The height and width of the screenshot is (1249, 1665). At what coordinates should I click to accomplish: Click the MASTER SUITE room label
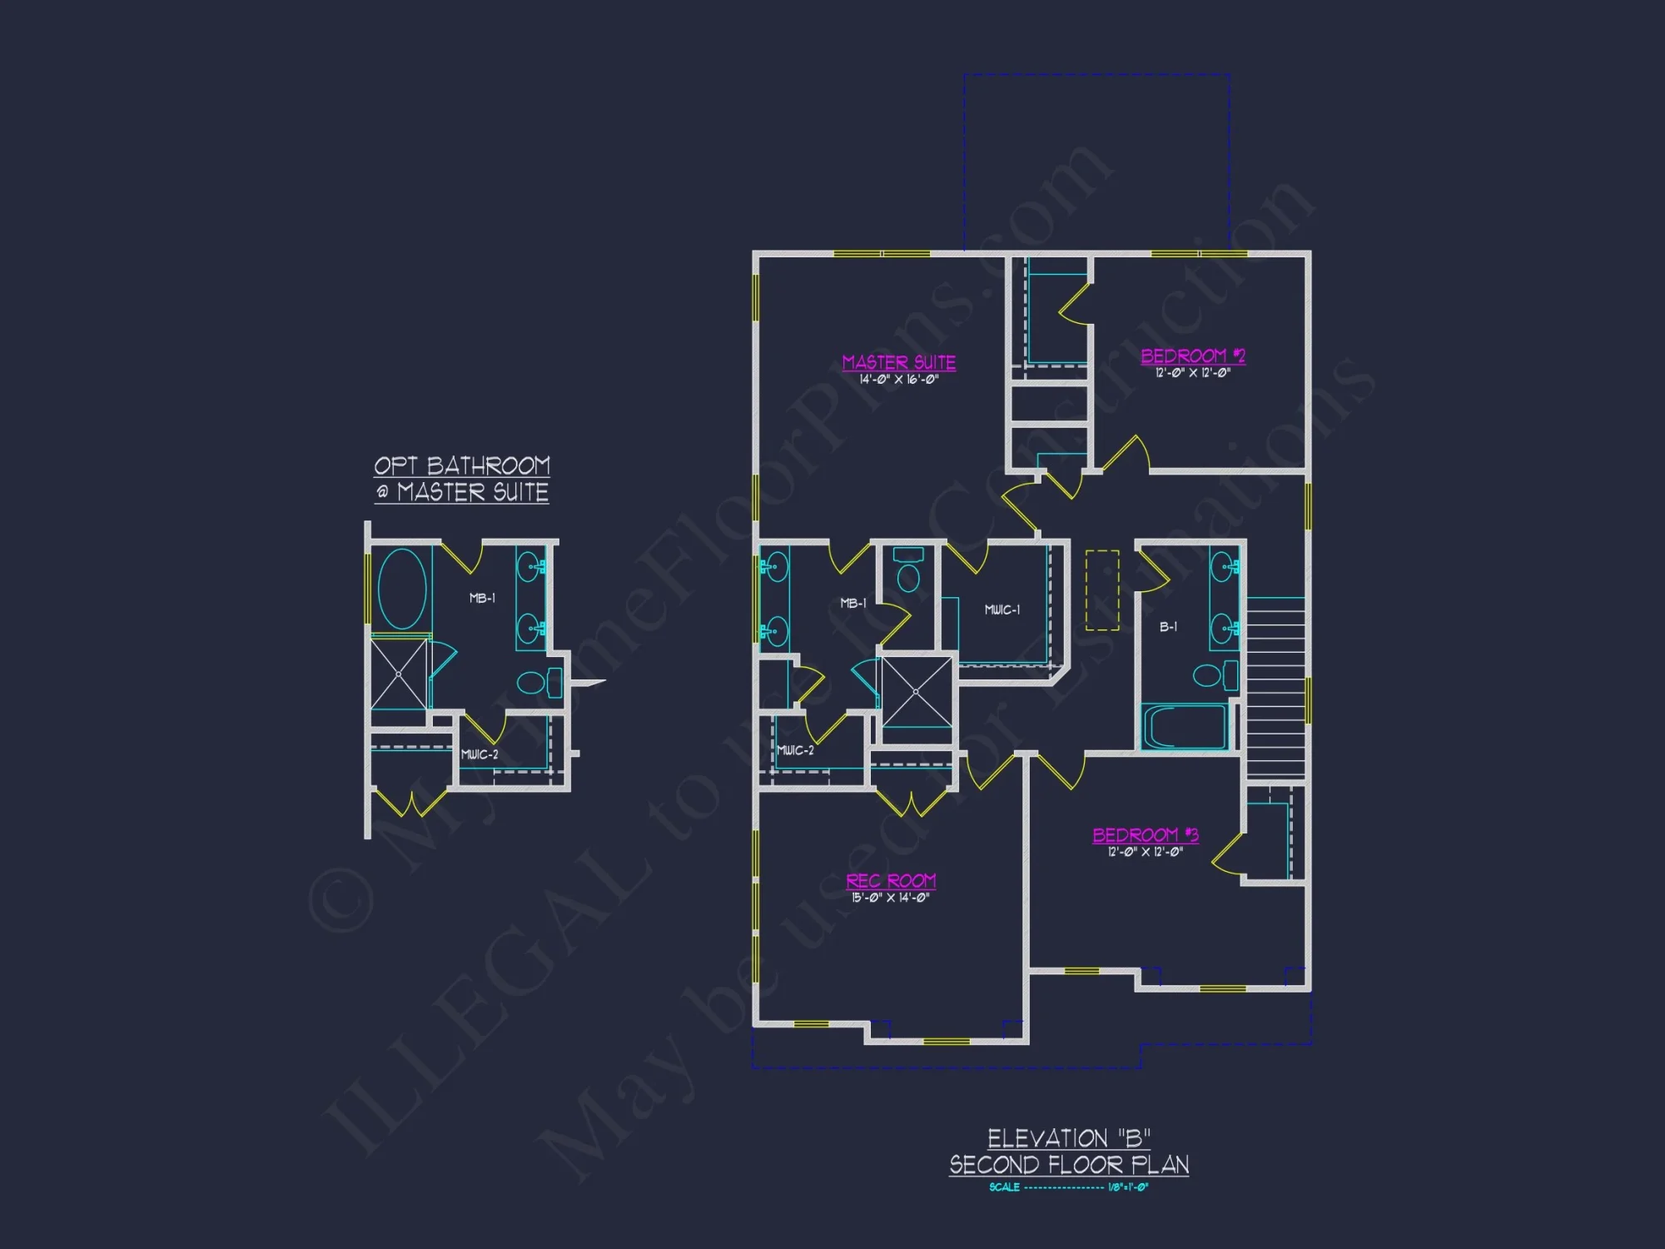coord(898,362)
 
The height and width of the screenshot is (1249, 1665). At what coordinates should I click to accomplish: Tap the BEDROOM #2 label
coord(1192,356)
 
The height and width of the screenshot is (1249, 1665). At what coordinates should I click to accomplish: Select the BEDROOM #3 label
coord(1145,834)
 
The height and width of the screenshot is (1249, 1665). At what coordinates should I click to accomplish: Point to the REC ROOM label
coord(891,880)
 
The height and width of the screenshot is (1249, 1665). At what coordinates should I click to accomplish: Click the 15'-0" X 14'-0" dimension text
coord(890,898)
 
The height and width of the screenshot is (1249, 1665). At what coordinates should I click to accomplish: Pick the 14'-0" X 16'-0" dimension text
coord(898,380)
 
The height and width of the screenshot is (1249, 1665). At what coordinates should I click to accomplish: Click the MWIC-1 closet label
coord(1001,610)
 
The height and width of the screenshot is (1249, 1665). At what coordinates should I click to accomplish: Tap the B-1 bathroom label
coord(1168,626)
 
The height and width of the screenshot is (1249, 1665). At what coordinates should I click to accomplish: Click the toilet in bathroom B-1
coord(1215,674)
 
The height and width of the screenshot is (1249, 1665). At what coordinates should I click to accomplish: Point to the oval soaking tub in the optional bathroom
coord(402,589)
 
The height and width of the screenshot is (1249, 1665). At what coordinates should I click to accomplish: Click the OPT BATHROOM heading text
coord(461,465)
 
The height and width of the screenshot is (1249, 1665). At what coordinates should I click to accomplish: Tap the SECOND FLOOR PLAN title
coord(1069,1164)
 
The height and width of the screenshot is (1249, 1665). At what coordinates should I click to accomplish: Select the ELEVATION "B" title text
coord(1069,1138)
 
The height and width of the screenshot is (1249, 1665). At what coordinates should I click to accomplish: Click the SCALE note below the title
coord(1068,1187)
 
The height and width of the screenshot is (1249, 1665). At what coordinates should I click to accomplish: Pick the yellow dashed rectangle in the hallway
coord(1101,590)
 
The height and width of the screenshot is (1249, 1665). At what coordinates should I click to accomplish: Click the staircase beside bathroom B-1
coord(1275,687)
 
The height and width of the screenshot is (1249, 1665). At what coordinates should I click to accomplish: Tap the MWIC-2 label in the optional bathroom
coord(480,754)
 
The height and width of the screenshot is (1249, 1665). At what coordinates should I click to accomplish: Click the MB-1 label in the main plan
coord(853,603)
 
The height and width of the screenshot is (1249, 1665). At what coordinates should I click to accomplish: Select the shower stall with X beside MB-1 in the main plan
coord(916,692)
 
